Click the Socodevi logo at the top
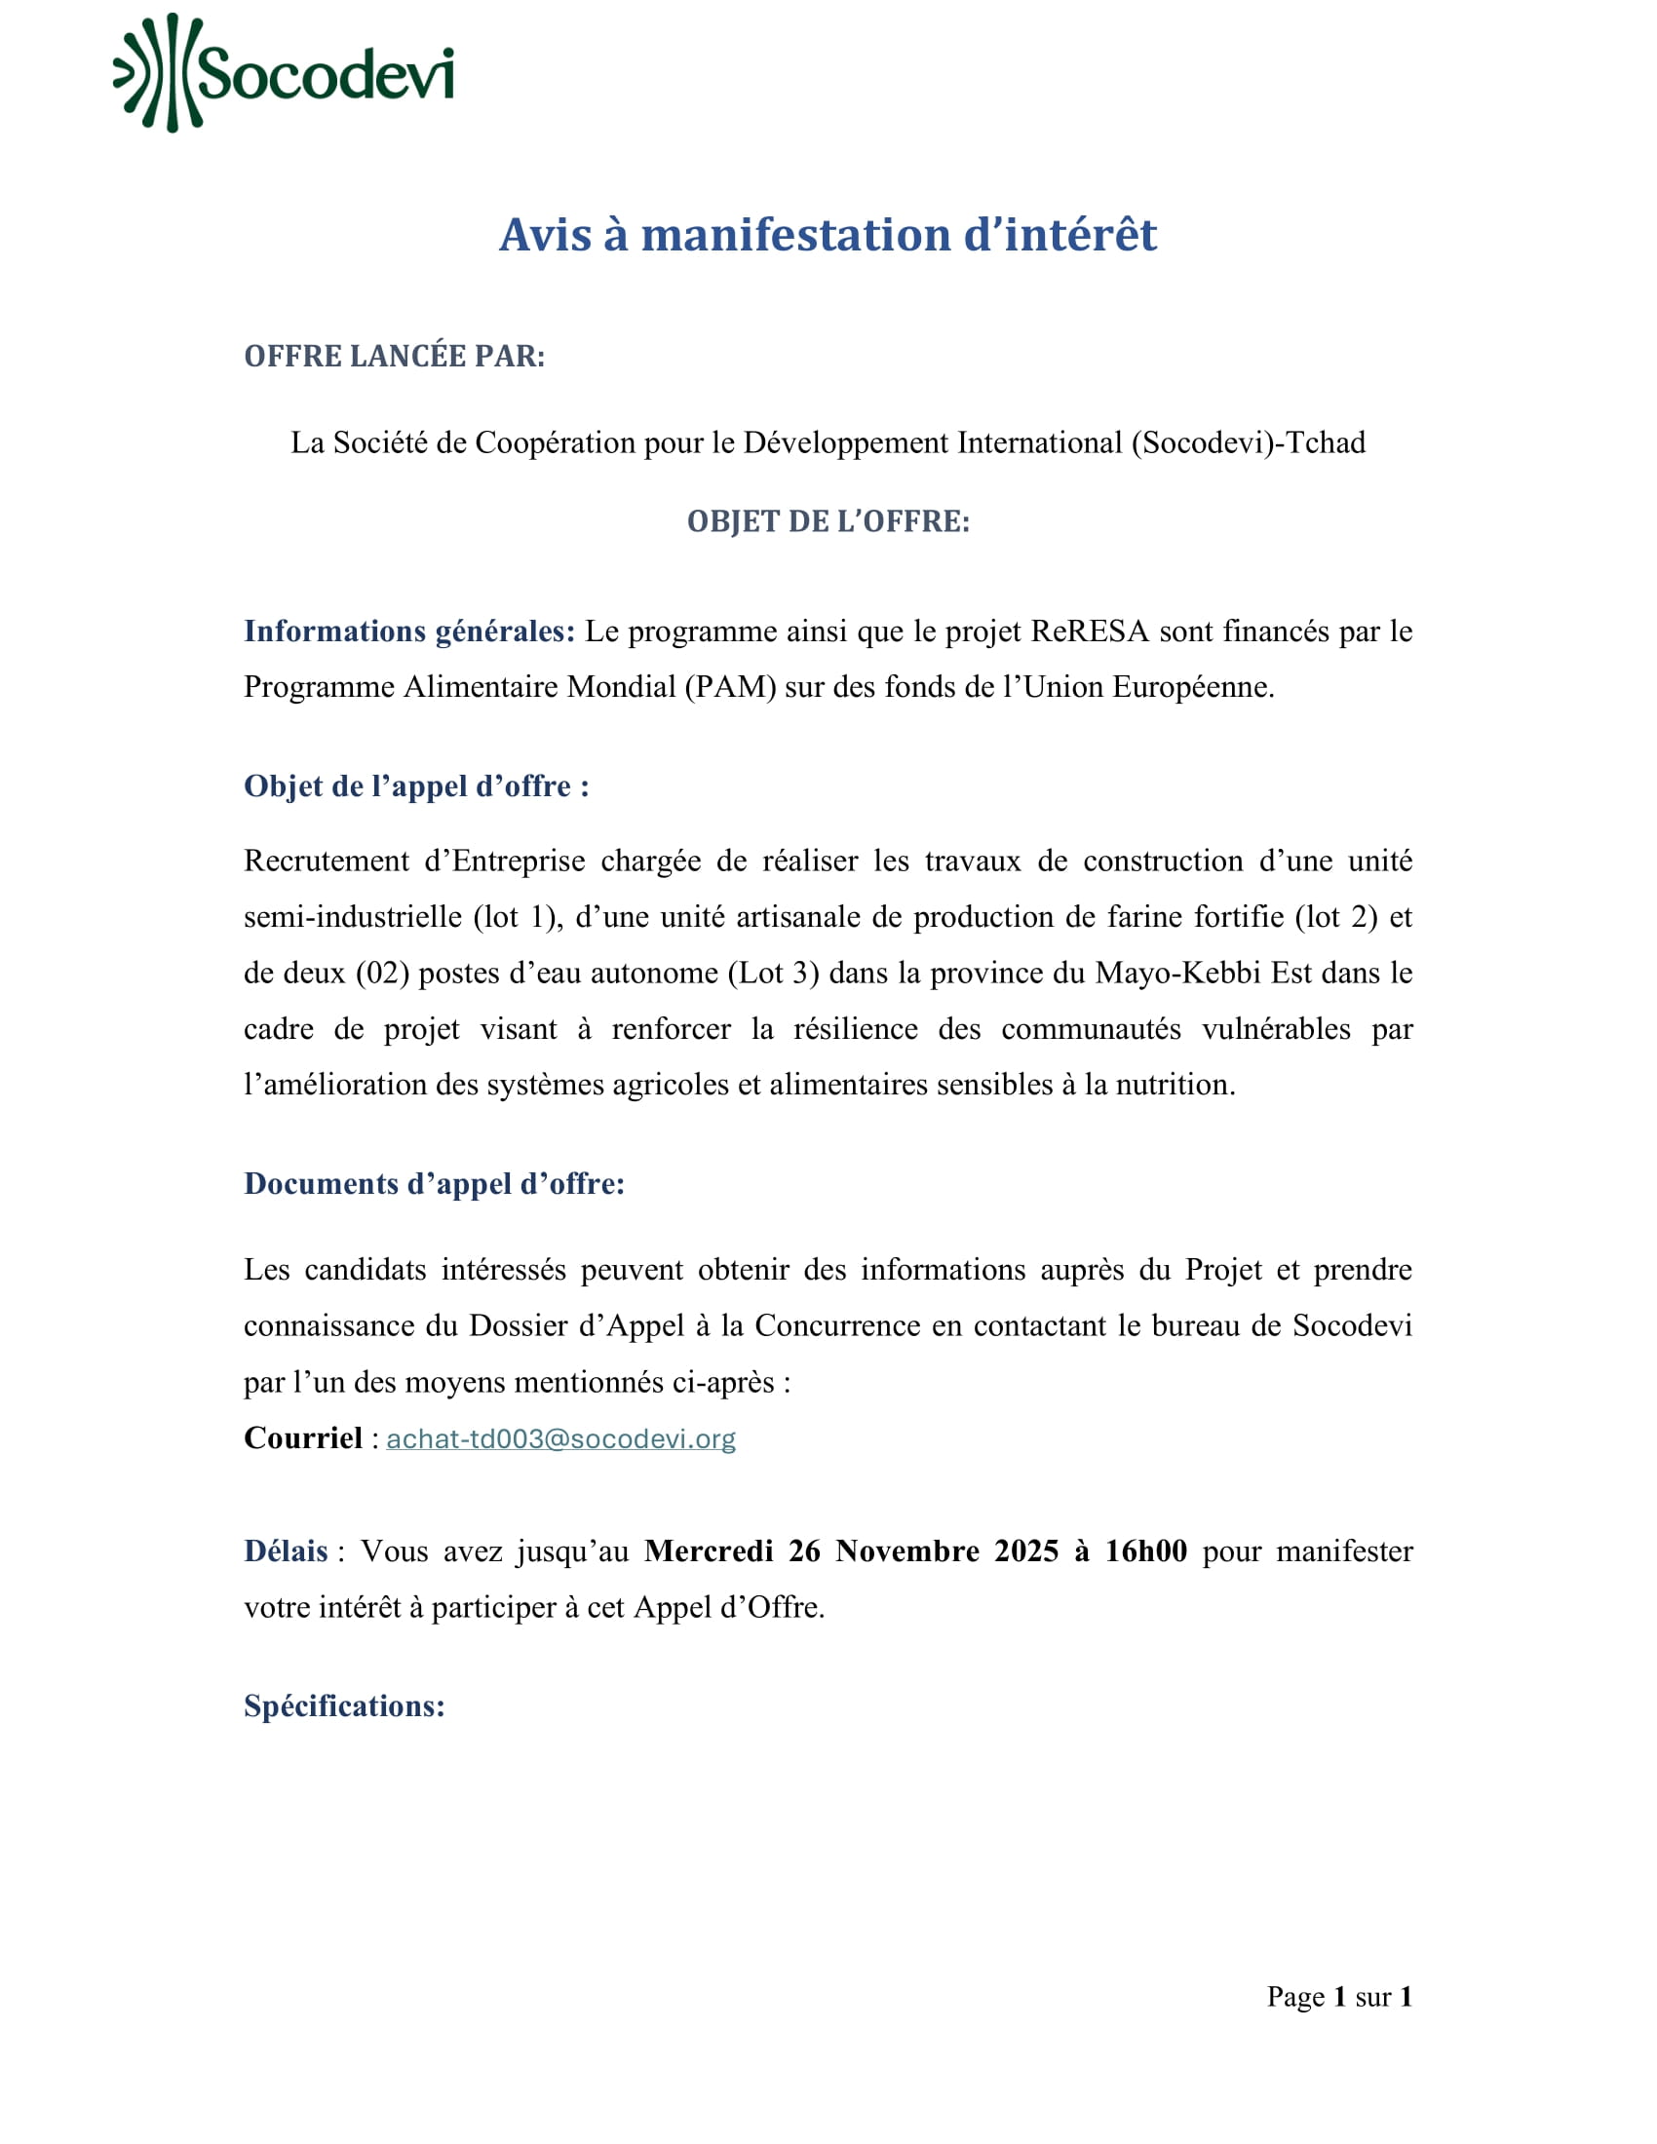[284, 74]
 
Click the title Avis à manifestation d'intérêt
[828, 236]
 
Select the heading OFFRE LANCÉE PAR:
[394, 357]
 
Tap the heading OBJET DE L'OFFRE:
[828, 521]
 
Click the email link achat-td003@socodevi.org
[560, 1439]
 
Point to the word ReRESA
[1090, 632]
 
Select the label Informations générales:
[409, 632]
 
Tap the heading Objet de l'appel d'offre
[416, 786]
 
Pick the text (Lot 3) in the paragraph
[773, 973]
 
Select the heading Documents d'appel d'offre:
[434, 1184]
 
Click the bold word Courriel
[303, 1438]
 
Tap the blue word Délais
[286, 1551]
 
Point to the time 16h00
[1145, 1551]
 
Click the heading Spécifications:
[344, 1706]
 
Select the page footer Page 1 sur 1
[1339, 1997]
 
